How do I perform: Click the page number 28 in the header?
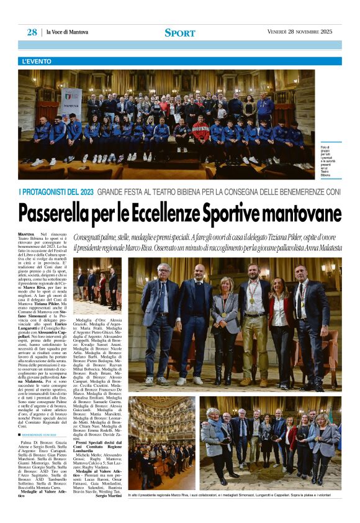click(32, 32)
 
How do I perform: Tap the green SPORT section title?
click(179, 33)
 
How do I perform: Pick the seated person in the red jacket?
click(200, 132)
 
